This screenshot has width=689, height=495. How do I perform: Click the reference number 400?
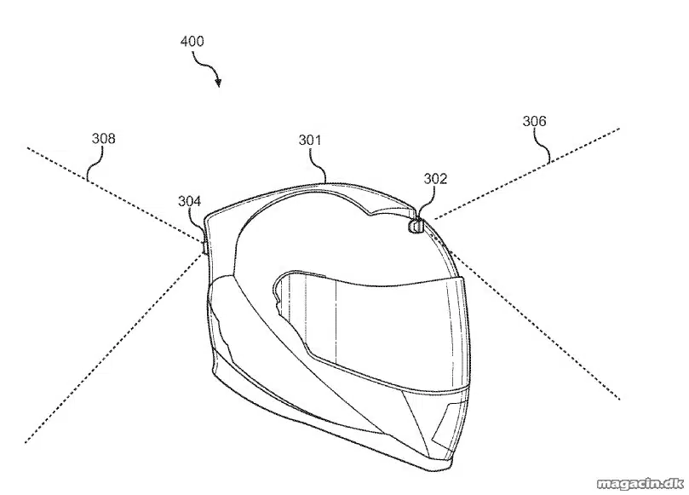(192, 42)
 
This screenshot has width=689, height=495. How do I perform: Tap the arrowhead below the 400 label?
(218, 82)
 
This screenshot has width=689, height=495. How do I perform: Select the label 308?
(103, 139)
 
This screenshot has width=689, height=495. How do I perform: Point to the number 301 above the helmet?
(310, 140)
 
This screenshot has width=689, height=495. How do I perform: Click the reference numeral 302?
(435, 178)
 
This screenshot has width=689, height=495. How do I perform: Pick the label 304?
(189, 201)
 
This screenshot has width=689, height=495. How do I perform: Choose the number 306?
(534, 121)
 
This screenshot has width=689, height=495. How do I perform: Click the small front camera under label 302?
(416, 226)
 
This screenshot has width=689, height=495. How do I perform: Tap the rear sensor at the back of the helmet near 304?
(204, 246)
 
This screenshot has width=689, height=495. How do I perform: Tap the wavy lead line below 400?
(203, 65)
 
